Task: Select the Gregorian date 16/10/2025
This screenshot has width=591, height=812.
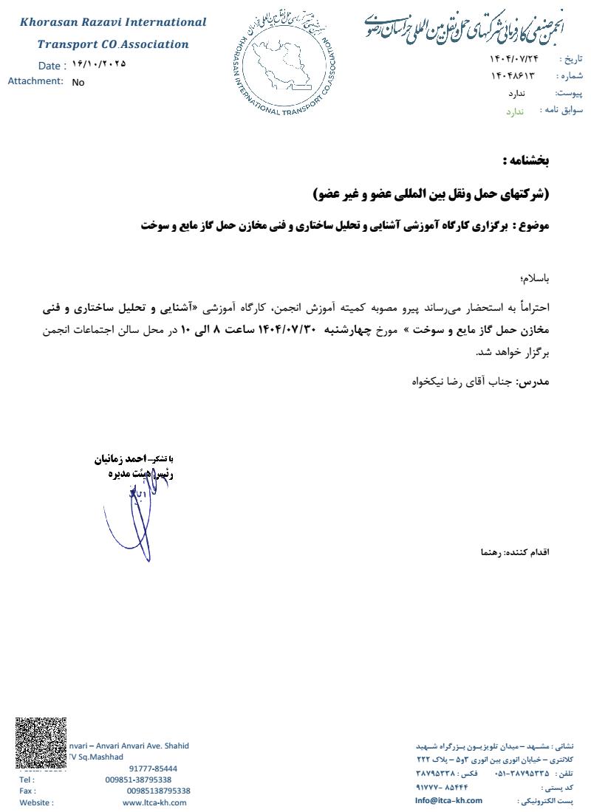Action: click(x=99, y=63)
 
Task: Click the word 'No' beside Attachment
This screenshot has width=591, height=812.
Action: click(x=78, y=83)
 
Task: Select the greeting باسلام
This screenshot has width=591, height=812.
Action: click(x=536, y=279)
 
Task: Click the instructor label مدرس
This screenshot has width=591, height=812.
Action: click(x=537, y=382)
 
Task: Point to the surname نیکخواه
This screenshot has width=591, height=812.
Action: click(x=428, y=383)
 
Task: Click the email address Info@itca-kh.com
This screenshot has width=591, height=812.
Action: click(x=448, y=800)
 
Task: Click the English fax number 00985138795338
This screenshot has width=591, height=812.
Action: click(x=158, y=791)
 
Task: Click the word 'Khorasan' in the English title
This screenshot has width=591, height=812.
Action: click(x=52, y=23)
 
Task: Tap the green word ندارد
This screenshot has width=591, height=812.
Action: click(x=514, y=111)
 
